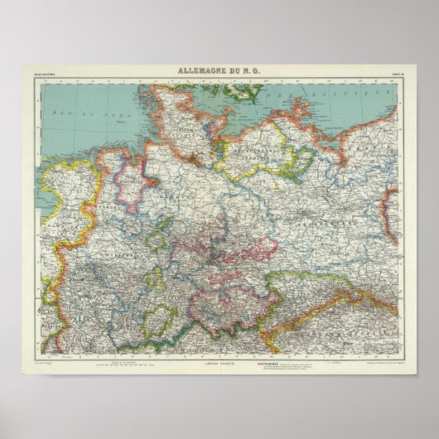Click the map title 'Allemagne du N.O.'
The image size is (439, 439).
pyautogui.click(x=220, y=72)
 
